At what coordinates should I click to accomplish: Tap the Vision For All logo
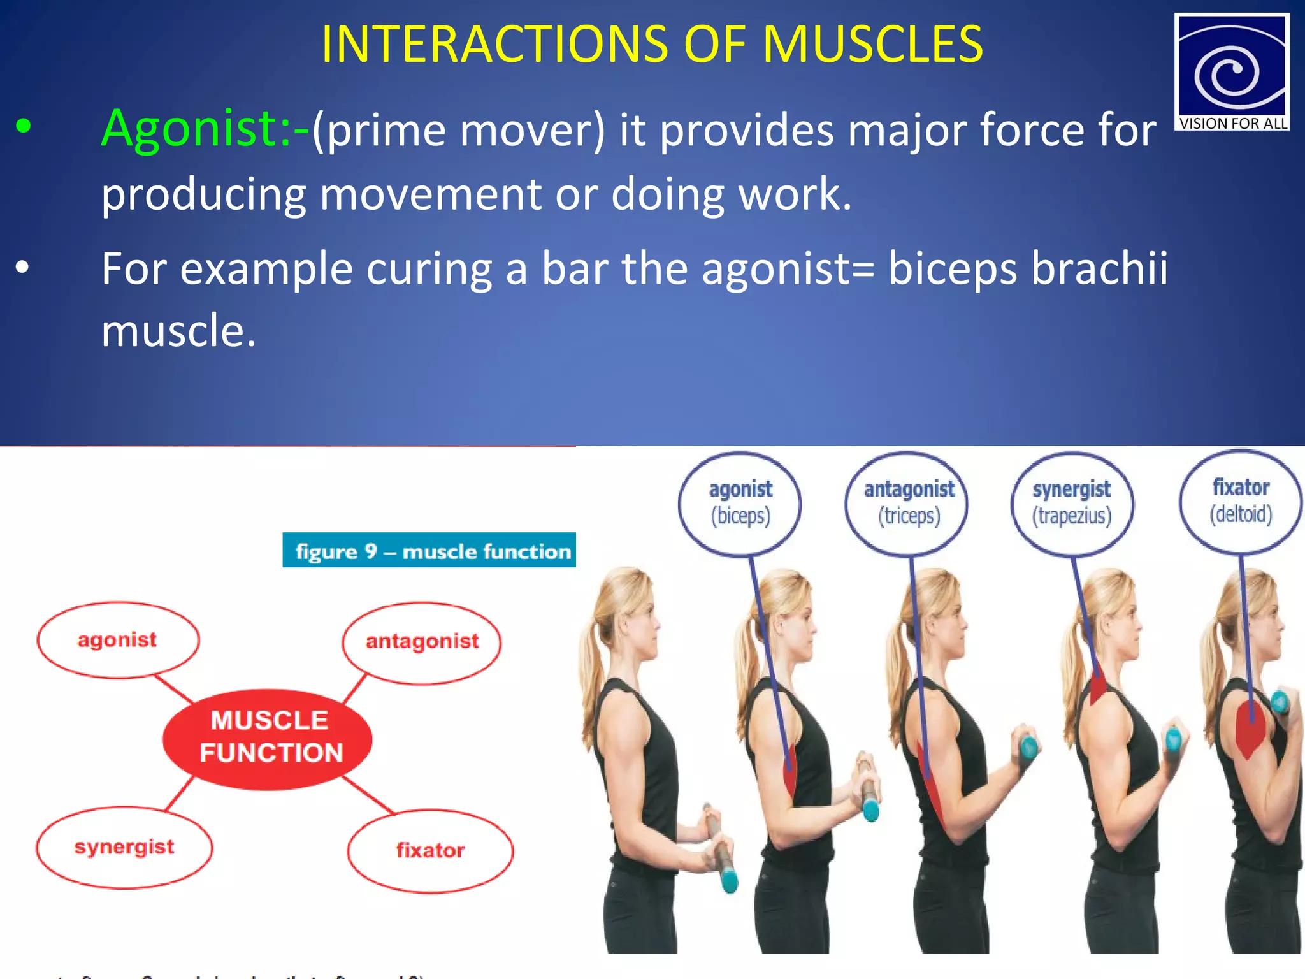(x=1231, y=71)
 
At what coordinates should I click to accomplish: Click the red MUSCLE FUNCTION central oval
(x=268, y=738)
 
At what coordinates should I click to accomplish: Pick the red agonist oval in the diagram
(x=118, y=639)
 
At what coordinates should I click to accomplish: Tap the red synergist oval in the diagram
(x=124, y=847)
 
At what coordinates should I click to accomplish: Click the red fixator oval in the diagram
(x=430, y=850)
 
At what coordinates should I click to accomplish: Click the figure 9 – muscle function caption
(x=430, y=550)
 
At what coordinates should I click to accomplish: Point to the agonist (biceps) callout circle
(x=740, y=503)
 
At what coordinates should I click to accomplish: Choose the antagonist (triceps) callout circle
(x=909, y=503)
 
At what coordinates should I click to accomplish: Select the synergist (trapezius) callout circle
(x=1072, y=503)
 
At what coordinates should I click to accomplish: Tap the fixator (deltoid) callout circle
(x=1241, y=501)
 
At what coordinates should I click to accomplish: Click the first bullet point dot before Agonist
(x=24, y=126)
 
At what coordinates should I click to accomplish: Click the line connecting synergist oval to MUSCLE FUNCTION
(x=180, y=794)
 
